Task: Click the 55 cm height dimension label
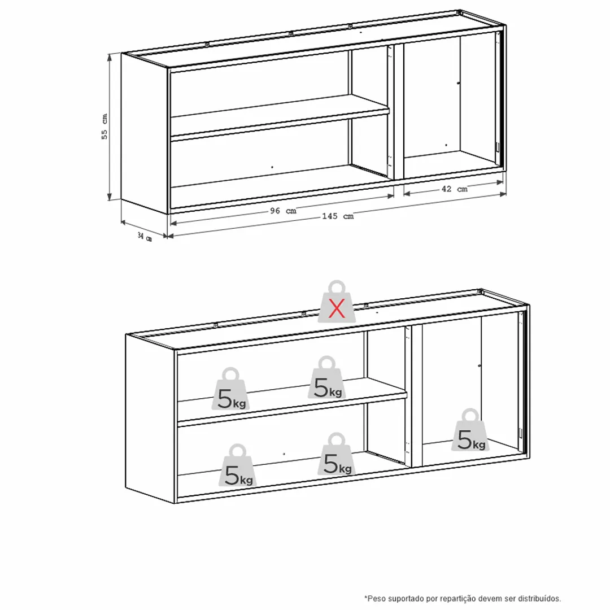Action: (x=104, y=127)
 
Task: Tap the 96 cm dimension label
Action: (x=283, y=211)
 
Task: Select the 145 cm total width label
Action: (x=338, y=216)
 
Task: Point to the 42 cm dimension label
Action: (x=454, y=189)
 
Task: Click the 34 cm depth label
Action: (x=145, y=237)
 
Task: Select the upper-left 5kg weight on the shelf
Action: (x=230, y=389)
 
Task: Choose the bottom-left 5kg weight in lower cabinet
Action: (x=238, y=465)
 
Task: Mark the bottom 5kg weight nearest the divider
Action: (x=337, y=454)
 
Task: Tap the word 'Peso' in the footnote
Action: (x=375, y=598)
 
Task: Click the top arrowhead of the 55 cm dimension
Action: (x=110, y=57)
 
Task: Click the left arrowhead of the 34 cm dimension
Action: (x=124, y=222)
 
